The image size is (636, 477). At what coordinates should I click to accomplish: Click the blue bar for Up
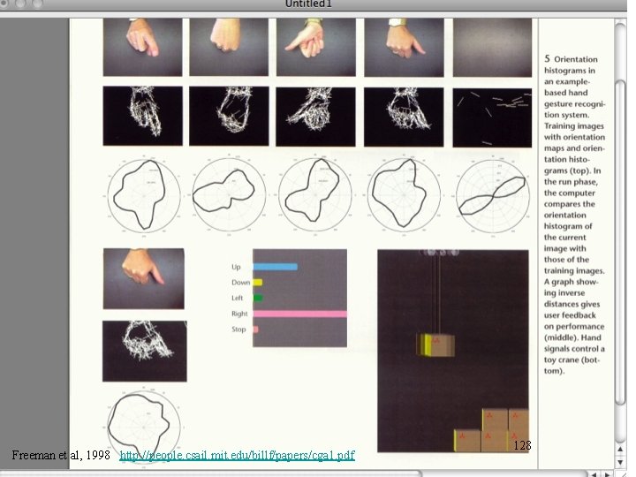[x=275, y=267]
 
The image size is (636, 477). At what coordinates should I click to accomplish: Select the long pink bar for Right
[x=299, y=314]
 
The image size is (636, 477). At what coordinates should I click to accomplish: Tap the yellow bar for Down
[x=258, y=283]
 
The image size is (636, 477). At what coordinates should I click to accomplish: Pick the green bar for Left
[x=258, y=298]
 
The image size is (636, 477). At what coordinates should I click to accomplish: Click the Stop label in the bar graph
[x=238, y=329]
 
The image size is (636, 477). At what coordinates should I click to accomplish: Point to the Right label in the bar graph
[x=239, y=314]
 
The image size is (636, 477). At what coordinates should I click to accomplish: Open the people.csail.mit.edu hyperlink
[x=237, y=456]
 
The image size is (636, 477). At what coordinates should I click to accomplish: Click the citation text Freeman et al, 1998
[x=60, y=456]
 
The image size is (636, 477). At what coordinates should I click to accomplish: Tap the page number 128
[x=522, y=446]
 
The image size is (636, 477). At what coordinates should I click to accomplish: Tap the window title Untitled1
[x=308, y=4]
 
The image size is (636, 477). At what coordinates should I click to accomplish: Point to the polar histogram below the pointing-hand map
[x=144, y=424]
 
